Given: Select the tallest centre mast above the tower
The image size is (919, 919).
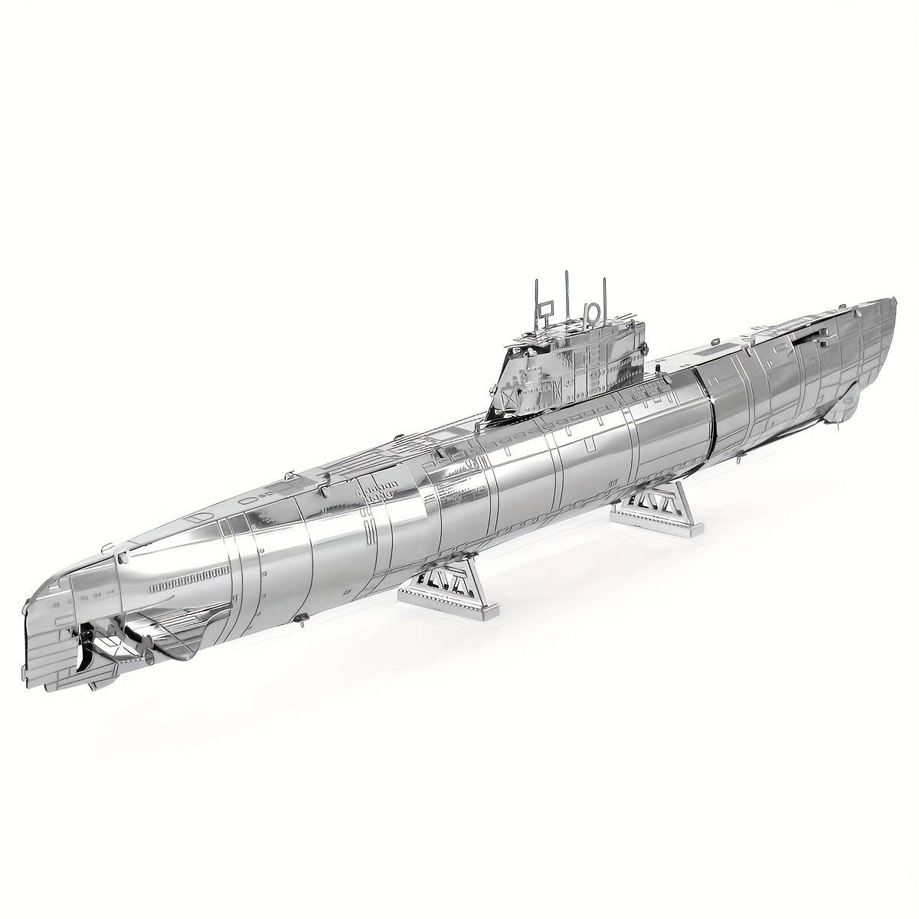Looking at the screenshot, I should pos(566,295).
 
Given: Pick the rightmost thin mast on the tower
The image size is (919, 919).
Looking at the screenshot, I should pos(603,299).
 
